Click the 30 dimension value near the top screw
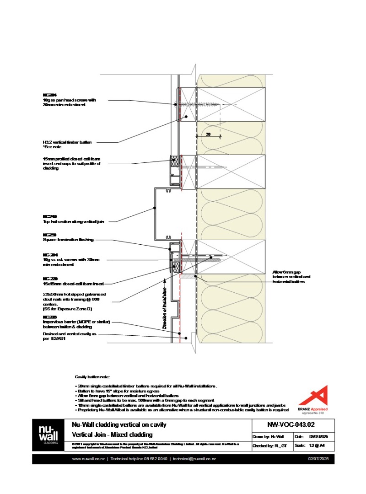click(208, 134)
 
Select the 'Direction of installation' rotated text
click(165, 307)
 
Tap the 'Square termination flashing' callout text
click(69, 239)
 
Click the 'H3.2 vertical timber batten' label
click(67, 143)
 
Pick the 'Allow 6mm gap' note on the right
click(291, 276)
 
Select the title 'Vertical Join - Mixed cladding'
click(113, 435)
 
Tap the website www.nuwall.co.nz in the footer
click(88, 459)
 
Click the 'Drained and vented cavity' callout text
click(70, 336)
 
